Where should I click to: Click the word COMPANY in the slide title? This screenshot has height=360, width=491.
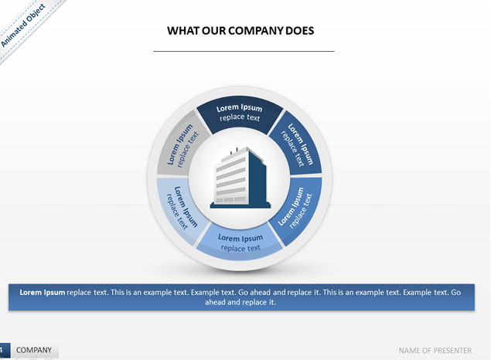[x=255, y=31]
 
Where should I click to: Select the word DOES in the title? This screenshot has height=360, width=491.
[x=300, y=31]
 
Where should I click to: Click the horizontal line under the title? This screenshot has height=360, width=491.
[x=244, y=51]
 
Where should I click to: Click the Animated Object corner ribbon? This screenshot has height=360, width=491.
[x=23, y=25]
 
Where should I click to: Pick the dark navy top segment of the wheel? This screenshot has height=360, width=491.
[x=240, y=114]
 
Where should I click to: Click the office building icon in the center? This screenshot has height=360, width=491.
[x=240, y=178]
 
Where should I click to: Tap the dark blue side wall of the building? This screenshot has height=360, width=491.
[x=257, y=180]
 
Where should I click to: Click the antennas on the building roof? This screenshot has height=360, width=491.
[x=234, y=151]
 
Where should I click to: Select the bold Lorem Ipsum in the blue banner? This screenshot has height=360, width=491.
[x=43, y=293]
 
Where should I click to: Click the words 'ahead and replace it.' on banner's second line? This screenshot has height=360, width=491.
[x=240, y=302]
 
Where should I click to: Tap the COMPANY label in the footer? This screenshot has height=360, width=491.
[x=34, y=350]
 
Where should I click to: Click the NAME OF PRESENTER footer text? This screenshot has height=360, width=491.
[x=435, y=351]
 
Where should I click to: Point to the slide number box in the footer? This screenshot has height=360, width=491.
[x=5, y=350]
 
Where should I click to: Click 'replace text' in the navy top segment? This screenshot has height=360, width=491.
[x=240, y=117]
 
